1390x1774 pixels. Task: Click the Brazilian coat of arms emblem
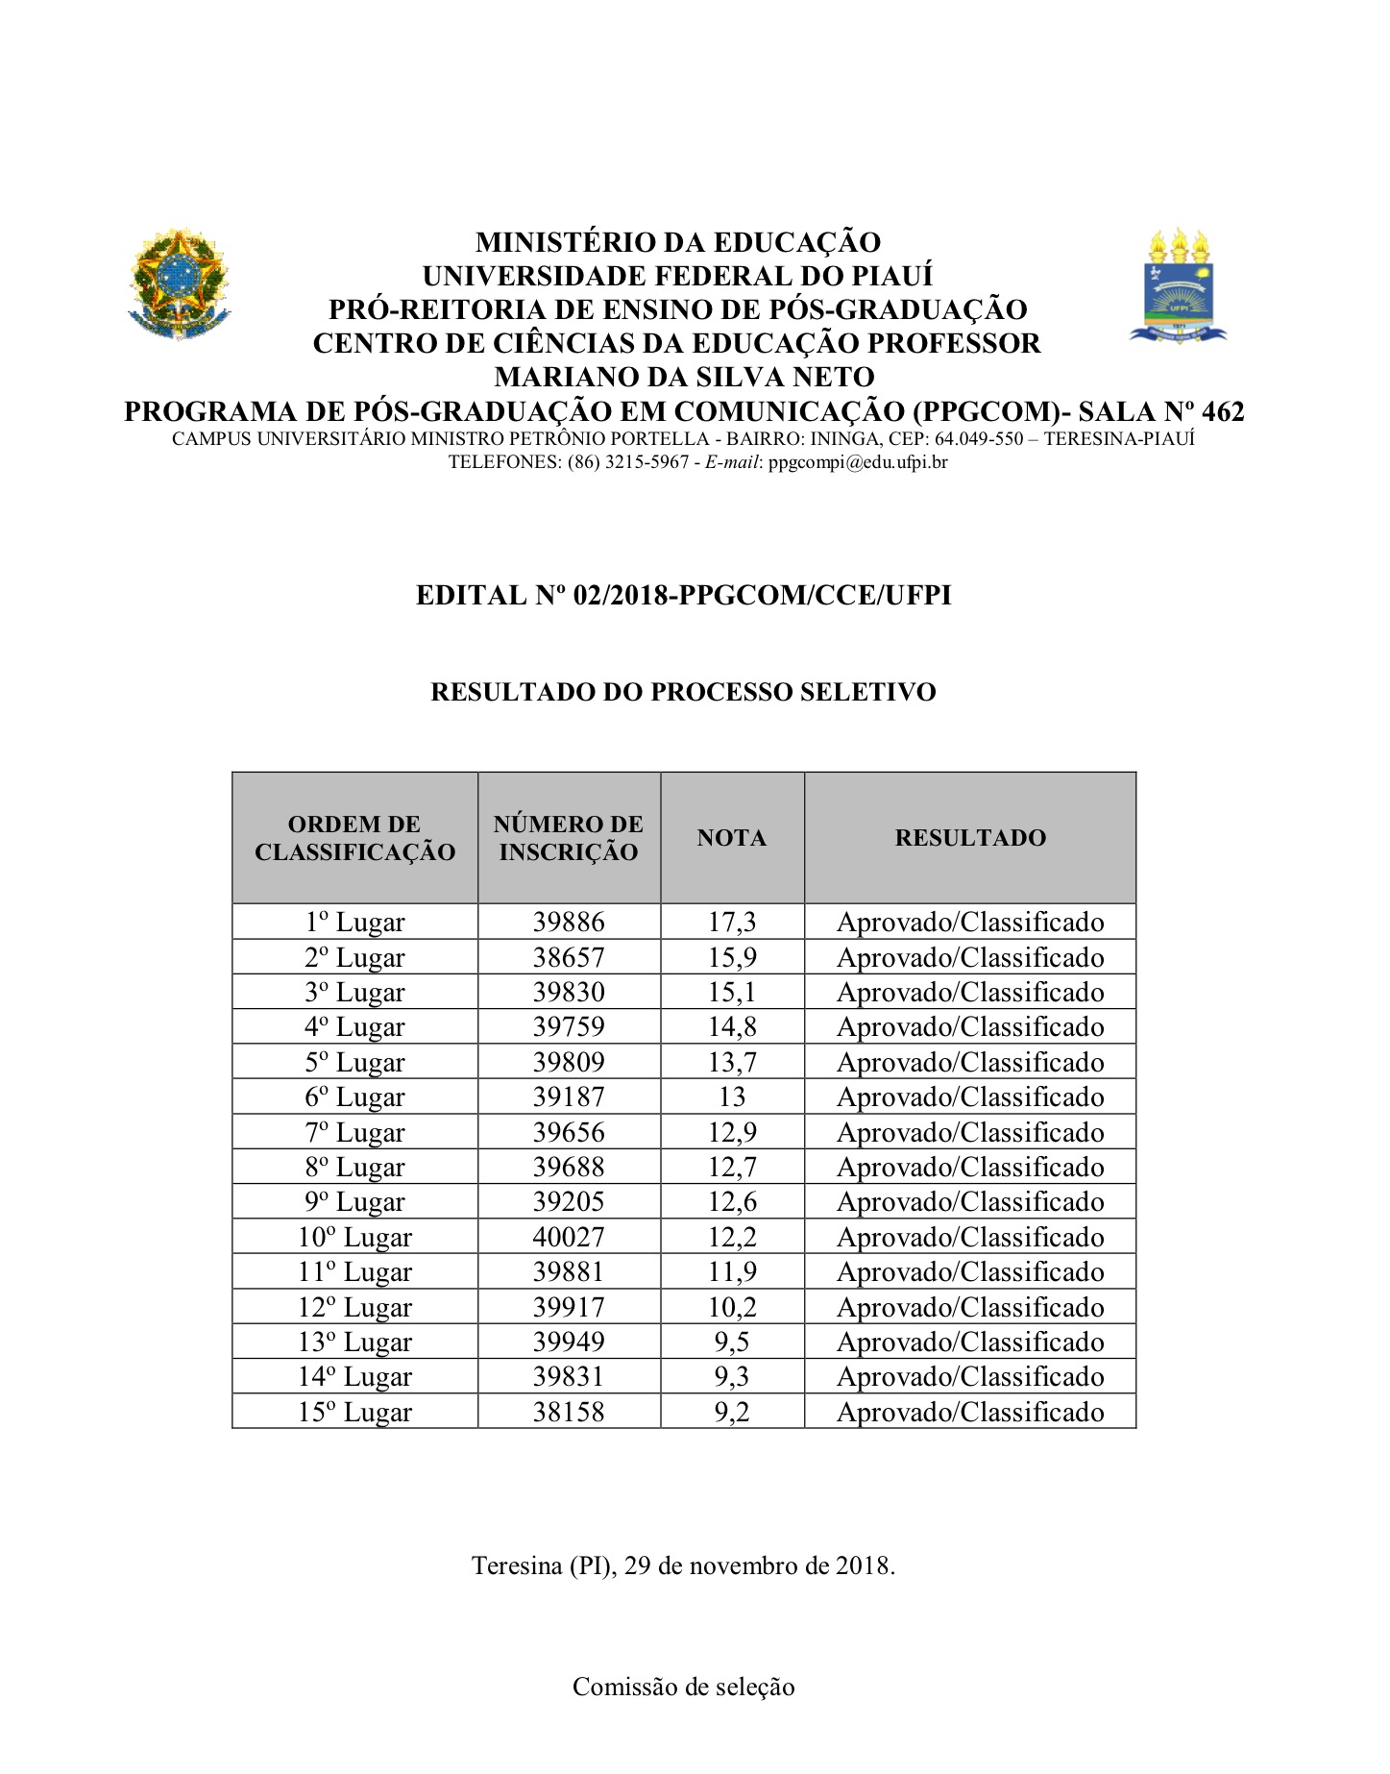180,283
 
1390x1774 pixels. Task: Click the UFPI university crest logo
1179,286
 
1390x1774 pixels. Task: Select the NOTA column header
732,838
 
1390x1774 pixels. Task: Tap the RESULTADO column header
970,838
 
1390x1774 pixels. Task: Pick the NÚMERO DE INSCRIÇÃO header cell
569,838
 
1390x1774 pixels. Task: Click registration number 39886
569,923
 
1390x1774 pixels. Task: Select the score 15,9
732,957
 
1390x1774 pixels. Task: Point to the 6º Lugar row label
354,1097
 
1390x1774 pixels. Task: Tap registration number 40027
569,1237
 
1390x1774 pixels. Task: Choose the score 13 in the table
732,1097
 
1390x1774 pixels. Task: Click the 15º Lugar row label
354,1412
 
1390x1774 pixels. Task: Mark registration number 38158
569,1412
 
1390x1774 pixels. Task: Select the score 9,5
732,1342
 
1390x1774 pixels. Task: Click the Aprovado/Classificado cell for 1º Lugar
970,923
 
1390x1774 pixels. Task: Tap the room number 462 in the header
1223,412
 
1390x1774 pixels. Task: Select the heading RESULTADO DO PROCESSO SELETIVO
683,692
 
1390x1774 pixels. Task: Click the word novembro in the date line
772,1565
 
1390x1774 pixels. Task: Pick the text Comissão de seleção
683,1687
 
